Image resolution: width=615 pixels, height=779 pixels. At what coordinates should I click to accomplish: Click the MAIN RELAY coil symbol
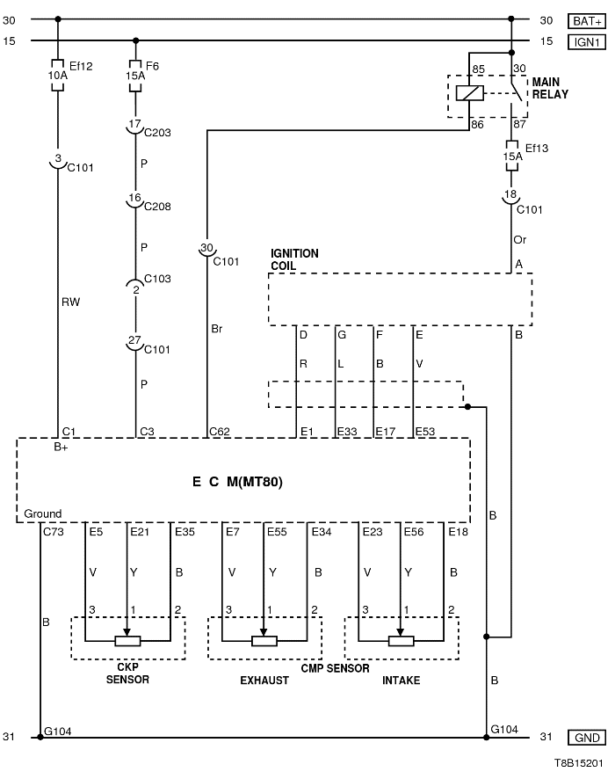pos(473,93)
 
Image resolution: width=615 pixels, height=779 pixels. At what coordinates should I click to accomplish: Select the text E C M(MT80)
pos(238,482)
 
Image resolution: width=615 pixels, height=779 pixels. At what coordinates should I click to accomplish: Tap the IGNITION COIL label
pos(294,259)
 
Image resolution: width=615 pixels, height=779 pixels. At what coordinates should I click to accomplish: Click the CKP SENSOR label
pos(127,673)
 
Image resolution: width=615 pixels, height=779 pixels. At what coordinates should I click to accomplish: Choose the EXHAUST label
pos(264,681)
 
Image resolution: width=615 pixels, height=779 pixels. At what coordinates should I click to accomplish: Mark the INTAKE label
pos(401,681)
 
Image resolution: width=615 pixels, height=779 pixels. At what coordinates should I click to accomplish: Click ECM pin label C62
pos(219,432)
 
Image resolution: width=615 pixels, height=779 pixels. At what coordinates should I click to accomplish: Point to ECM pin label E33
pos(349,432)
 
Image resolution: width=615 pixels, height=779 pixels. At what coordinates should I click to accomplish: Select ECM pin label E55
pos(278,531)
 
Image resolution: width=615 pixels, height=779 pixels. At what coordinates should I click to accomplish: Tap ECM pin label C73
pos(53,531)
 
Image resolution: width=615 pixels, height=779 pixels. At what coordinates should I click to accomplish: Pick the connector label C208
pos(157,207)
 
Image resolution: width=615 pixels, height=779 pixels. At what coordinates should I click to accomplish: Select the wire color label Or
pos(519,238)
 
